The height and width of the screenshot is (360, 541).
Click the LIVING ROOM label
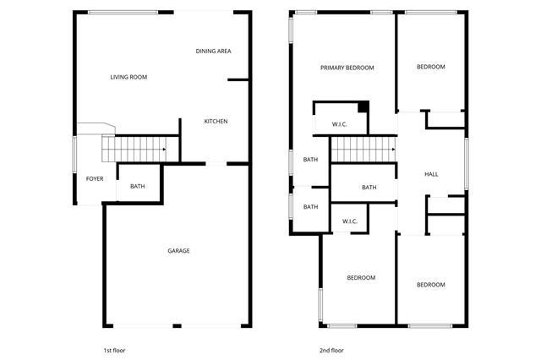(x=128, y=77)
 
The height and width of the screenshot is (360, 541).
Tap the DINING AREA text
(x=214, y=52)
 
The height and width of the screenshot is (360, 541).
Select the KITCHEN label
(x=216, y=122)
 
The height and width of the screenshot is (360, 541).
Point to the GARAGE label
(x=178, y=251)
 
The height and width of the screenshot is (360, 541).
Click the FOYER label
(x=95, y=178)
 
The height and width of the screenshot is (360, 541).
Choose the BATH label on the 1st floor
(x=137, y=187)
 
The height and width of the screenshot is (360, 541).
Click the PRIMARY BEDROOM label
(x=347, y=68)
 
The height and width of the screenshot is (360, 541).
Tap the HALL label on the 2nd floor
(x=431, y=174)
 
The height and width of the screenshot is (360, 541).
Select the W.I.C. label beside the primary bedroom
(x=340, y=124)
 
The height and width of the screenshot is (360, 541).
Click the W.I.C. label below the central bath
(x=350, y=221)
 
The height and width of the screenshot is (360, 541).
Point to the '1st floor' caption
(x=115, y=351)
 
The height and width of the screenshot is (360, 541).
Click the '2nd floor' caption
(x=331, y=351)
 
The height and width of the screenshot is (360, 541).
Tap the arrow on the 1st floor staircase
(x=164, y=150)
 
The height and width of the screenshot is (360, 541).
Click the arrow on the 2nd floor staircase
(x=393, y=150)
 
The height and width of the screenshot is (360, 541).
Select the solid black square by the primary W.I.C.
(x=363, y=106)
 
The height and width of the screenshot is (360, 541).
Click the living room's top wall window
(x=123, y=13)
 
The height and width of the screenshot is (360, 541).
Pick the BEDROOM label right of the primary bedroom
(x=431, y=67)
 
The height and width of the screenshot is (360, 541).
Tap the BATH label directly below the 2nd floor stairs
(x=369, y=188)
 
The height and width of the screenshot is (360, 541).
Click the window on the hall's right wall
(x=466, y=164)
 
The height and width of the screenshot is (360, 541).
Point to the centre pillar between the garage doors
(x=177, y=326)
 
